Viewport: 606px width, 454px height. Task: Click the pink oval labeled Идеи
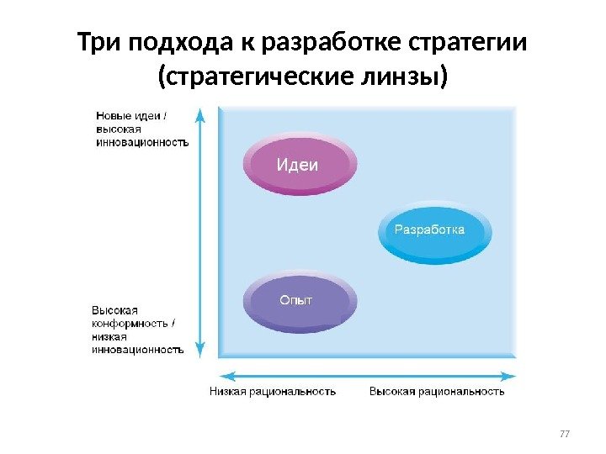coord(299,165)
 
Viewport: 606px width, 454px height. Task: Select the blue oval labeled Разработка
coord(429,230)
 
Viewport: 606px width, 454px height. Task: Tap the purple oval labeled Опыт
coord(299,300)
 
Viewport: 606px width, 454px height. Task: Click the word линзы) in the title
coord(401,78)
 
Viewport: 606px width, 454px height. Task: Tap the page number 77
coord(565,434)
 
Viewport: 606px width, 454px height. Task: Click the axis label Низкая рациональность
coord(273,391)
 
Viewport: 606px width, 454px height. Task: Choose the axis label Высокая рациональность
coord(438,391)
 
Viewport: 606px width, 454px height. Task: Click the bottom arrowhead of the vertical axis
coord(199,352)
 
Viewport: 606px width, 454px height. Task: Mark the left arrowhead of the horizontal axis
coord(224,375)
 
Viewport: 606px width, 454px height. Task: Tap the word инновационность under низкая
coord(137,348)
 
